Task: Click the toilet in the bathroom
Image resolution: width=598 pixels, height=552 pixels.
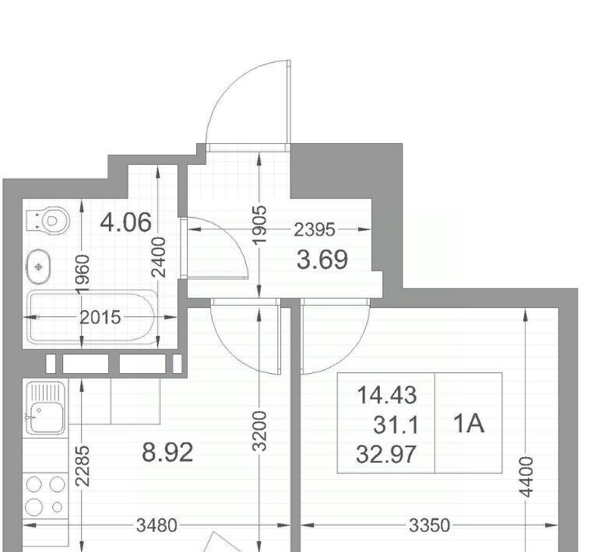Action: (x=48, y=221)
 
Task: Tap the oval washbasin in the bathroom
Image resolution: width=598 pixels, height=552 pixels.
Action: (x=38, y=267)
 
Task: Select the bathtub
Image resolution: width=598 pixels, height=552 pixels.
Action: (x=93, y=316)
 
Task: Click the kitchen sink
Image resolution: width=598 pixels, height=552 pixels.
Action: (x=45, y=408)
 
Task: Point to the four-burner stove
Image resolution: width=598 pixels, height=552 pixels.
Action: (x=45, y=495)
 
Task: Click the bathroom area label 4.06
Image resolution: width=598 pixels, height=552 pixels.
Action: (x=125, y=222)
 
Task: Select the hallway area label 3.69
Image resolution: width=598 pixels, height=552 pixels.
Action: (x=322, y=260)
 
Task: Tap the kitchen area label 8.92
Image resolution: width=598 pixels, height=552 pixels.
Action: (x=167, y=452)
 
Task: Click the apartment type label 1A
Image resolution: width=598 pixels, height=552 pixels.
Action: (x=469, y=423)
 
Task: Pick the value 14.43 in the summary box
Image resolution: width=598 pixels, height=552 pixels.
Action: (x=387, y=395)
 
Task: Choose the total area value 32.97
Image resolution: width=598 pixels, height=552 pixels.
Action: (x=385, y=455)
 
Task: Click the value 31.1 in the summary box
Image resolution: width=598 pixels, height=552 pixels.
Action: (x=396, y=424)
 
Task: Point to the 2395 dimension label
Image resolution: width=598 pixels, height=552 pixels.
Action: (x=315, y=230)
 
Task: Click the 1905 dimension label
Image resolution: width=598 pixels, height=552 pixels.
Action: (x=259, y=225)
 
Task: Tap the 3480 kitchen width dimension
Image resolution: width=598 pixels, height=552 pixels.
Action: (x=157, y=526)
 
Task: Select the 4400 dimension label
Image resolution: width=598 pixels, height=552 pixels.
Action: (x=526, y=477)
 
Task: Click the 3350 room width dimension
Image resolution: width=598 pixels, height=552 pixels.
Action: (x=430, y=526)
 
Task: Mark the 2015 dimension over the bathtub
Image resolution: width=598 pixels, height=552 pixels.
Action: (x=100, y=317)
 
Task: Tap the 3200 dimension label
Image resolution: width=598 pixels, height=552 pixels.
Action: (x=259, y=431)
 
